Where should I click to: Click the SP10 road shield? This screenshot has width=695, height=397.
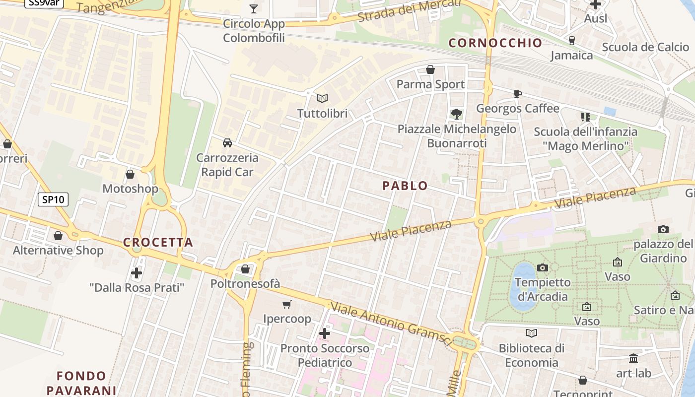[x=53, y=199]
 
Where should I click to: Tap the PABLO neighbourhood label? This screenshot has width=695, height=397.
[x=405, y=186]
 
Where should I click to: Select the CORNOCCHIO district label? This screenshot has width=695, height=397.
[x=495, y=43]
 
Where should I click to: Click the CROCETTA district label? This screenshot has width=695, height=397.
[x=158, y=243]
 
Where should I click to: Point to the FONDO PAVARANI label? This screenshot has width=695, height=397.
[x=81, y=383]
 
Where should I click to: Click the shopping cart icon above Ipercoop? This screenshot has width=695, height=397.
[x=286, y=304]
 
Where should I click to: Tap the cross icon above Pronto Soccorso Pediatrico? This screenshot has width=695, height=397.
[x=325, y=333]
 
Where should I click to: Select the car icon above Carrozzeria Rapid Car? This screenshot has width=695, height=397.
[x=227, y=143]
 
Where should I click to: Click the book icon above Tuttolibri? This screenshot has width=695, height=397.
[x=322, y=98]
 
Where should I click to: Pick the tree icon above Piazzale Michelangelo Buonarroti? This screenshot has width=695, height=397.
[x=456, y=114]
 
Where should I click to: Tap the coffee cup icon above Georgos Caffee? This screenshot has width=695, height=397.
[x=517, y=94]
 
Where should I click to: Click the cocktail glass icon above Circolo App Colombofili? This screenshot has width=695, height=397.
[x=254, y=8]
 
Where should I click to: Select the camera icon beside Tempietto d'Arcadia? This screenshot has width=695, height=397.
[x=543, y=267]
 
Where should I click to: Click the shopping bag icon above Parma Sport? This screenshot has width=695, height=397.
[x=430, y=69]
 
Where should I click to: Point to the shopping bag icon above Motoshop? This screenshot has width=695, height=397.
[x=130, y=174]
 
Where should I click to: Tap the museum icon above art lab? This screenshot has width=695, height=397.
[x=633, y=358]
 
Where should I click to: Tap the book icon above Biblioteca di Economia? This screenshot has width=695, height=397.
[x=532, y=333]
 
